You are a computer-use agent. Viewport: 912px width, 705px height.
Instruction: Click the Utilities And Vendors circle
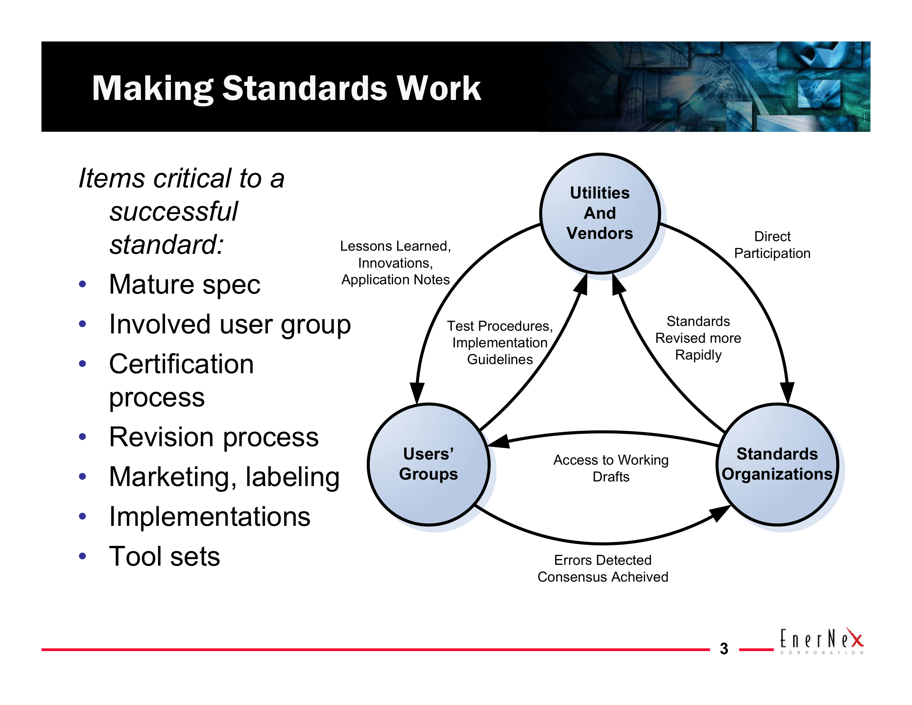[600, 214]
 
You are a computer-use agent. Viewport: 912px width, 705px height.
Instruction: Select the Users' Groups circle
[429, 464]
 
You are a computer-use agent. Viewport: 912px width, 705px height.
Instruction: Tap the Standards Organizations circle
[777, 464]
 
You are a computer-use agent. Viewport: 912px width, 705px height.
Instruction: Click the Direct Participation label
[772, 245]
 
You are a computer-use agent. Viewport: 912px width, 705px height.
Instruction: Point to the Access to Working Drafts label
[611, 468]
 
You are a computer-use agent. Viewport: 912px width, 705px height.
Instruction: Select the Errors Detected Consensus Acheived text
[603, 569]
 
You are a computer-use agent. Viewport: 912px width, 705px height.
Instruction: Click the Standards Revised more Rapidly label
[698, 338]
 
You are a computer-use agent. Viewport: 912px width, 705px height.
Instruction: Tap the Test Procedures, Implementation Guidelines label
[500, 343]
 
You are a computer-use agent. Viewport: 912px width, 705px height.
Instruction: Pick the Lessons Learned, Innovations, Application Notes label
[395, 263]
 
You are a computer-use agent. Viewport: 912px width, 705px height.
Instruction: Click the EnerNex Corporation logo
[821, 641]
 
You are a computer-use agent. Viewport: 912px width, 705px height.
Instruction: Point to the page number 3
[724, 649]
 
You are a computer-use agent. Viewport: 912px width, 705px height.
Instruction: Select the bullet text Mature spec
[184, 284]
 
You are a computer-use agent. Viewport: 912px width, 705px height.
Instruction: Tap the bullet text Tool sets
[164, 556]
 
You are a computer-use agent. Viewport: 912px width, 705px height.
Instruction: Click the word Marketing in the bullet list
[169, 477]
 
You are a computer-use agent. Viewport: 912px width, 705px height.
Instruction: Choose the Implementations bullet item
[209, 517]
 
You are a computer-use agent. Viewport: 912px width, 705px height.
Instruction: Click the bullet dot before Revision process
[82, 437]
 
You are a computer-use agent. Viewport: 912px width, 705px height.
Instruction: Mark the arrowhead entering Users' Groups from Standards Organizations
[500, 442]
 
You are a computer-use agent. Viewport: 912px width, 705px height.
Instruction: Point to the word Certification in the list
[181, 364]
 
